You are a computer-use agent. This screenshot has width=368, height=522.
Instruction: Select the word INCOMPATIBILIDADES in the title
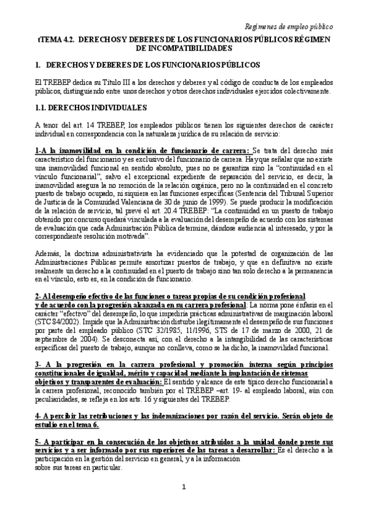coord(184,47)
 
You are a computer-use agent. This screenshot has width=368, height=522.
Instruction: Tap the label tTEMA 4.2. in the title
coord(56,39)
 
